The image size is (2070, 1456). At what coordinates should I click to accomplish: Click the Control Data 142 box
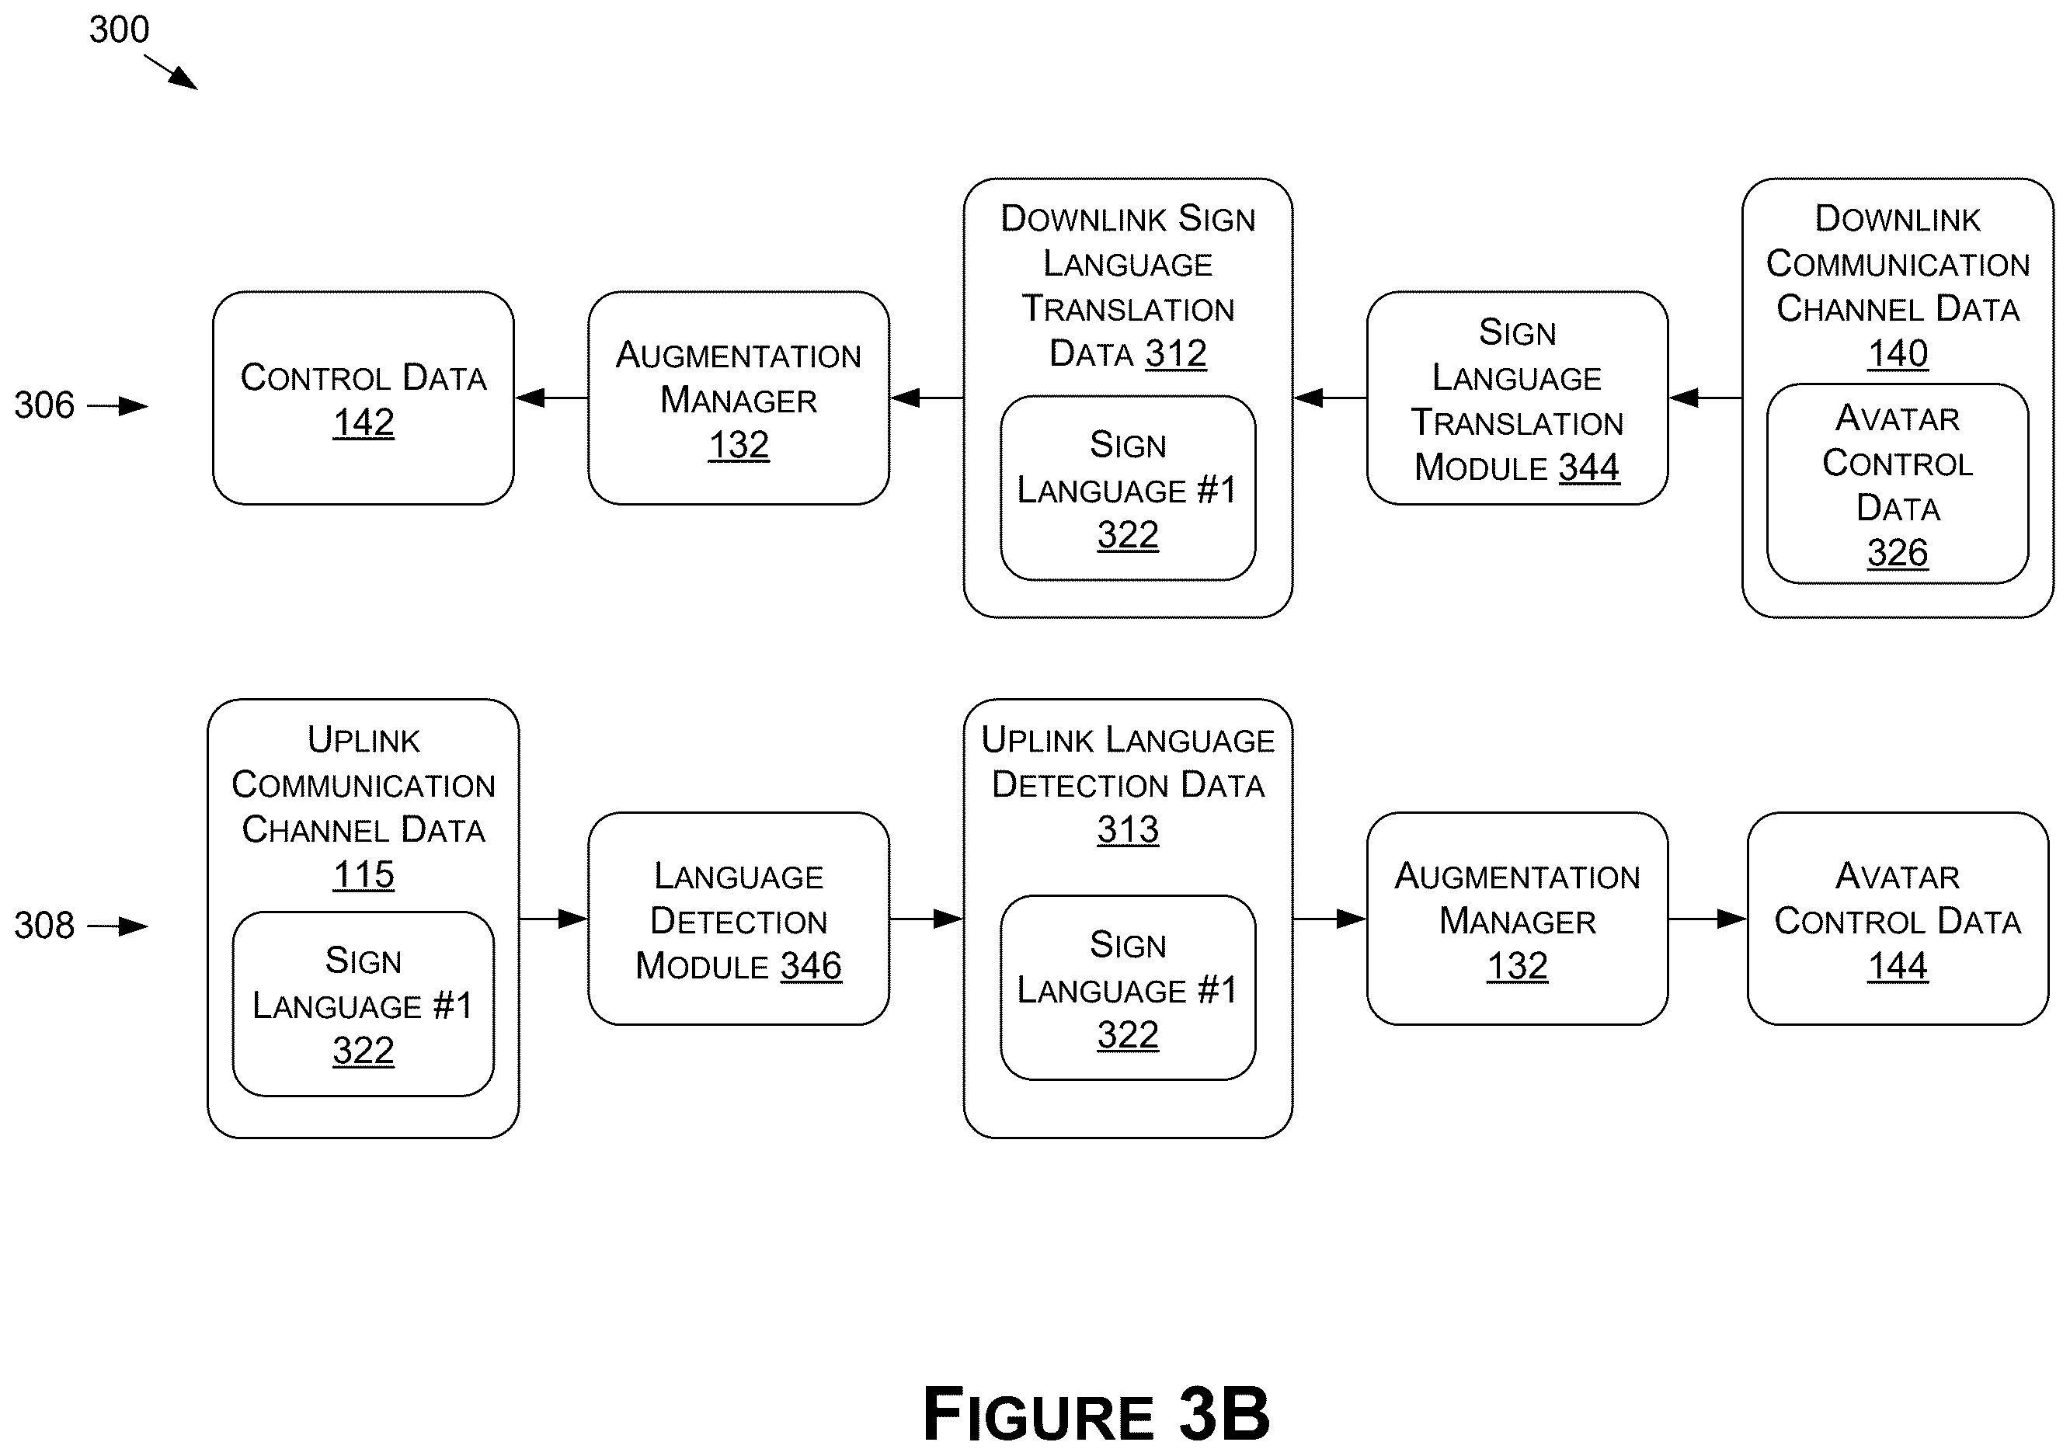pos(364,398)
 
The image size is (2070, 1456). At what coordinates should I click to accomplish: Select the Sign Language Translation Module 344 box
pos(1517,398)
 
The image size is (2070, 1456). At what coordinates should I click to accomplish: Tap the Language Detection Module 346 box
pos(739,919)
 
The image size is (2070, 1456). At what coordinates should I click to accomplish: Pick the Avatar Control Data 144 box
pos(1898,919)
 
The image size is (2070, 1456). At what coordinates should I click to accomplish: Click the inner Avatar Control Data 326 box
pos(1898,484)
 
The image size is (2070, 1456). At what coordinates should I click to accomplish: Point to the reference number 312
pos(1176,354)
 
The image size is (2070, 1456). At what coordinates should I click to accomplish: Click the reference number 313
pos(1128,829)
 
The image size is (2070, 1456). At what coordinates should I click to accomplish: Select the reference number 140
pos(1898,353)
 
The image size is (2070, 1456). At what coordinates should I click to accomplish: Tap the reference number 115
pos(364,874)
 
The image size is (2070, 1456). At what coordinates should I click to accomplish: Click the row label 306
pos(44,405)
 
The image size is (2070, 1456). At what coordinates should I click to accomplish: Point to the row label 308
pos(44,925)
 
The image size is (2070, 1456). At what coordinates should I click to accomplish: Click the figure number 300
pos(119,30)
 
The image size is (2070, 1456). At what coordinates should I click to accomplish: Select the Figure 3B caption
pos(1096,1413)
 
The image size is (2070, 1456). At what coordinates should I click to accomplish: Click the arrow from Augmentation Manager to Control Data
pos(551,398)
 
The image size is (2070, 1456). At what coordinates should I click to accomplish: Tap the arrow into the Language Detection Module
pos(554,919)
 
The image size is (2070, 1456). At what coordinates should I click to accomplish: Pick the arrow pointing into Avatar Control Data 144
pos(1707,919)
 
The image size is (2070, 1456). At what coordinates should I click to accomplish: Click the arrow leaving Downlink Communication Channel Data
pos(1705,398)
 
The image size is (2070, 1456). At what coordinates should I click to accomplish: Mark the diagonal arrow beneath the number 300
pos(170,72)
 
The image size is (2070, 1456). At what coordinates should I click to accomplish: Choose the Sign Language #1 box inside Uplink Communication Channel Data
pos(364,1004)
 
